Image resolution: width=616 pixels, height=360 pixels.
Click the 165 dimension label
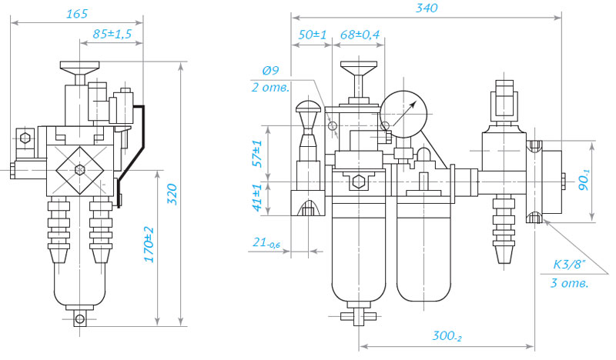pos(77,14)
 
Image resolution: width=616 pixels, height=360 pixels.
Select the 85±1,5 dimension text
pos(112,34)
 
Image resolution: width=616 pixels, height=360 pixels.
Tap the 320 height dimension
pos(172,194)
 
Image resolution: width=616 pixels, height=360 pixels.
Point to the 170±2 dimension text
pos(149,244)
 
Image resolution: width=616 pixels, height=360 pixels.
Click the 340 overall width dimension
pos(427,8)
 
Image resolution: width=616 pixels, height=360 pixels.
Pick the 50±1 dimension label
pos(313,35)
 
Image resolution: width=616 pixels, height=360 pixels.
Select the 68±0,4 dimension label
pos(360,35)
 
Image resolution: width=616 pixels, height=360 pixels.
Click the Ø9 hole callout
pos(270,70)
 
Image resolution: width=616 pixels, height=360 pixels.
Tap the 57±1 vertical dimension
pos(257,154)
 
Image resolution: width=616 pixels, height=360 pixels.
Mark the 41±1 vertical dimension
pos(257,198)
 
